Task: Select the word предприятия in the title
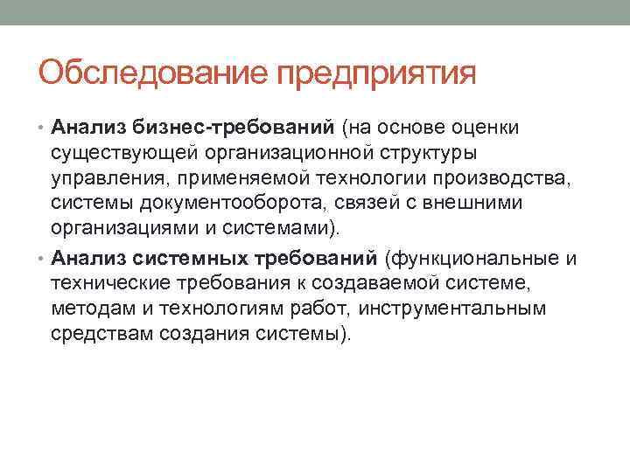[376, 73]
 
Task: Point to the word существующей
[117, 155]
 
